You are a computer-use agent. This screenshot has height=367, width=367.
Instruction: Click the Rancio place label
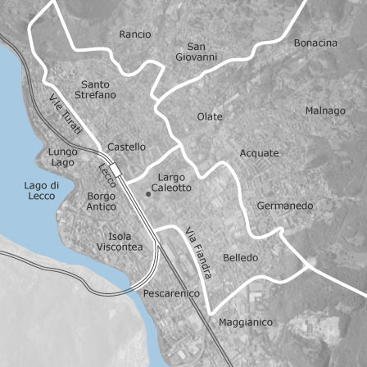[135, 34]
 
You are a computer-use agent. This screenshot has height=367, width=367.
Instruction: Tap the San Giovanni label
[197, 52]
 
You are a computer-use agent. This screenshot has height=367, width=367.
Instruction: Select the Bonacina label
[315, 43]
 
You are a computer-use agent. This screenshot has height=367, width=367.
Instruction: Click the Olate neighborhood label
[210, 117]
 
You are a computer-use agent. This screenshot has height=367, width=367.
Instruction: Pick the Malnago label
[325, 111]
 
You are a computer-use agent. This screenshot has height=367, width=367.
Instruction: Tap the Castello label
[127, 147]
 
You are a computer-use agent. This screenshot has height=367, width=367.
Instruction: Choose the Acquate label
[259, 153]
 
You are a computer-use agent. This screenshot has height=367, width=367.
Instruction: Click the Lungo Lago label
[63, 157]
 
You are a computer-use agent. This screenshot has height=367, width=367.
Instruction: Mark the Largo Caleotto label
[172, 182]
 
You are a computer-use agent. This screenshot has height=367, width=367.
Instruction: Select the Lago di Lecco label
[41, 191]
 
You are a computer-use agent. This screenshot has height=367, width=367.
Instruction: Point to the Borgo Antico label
[102, 202]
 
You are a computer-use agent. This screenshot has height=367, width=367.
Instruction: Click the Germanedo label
[285, 206]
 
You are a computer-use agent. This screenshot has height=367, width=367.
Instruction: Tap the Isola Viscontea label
[120, 241]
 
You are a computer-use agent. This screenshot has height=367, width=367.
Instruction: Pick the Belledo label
[240, 257]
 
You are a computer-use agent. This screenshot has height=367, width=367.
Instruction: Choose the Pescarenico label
[171, 292]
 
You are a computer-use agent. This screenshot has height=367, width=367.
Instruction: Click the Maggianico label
[246, 322]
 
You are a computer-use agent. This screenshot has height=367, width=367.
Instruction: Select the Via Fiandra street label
[198, 252]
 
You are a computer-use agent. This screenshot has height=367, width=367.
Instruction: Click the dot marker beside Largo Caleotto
[147, 194]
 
